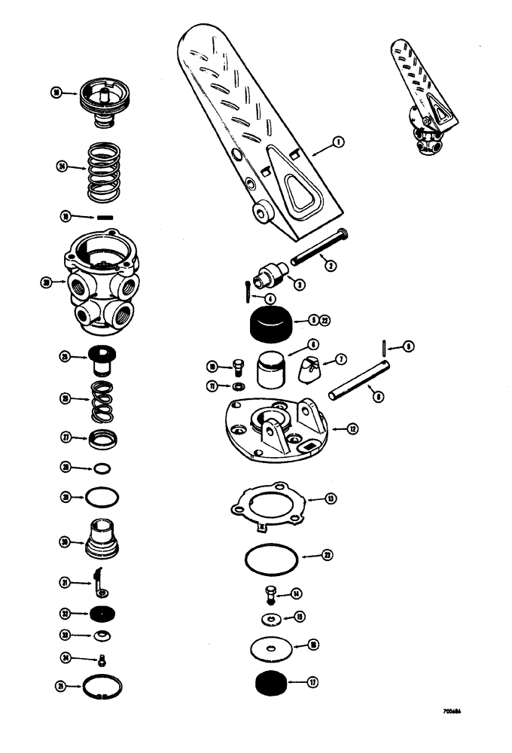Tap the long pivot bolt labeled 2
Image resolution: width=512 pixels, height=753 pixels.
[317, 248]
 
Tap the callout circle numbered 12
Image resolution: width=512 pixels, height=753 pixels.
[352, 429]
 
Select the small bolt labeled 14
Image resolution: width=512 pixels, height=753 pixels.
[270, 594]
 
